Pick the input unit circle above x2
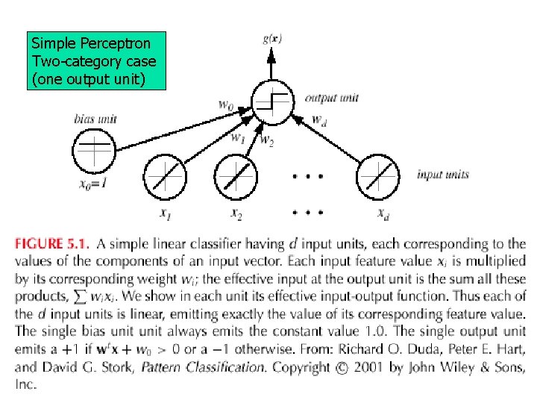(x=235, y=177)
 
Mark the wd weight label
(x=318, y=119)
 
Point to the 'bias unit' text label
(x=95, y=118)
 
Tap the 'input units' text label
(x=443, y=175)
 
